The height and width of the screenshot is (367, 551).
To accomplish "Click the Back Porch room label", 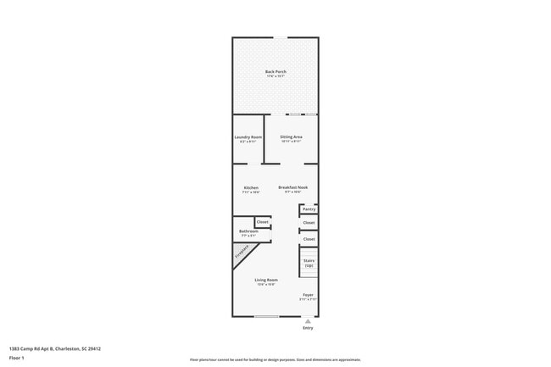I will (275, 72).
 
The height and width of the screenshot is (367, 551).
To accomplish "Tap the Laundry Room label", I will (248, 136).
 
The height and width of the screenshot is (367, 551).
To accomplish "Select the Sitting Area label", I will (292, 136).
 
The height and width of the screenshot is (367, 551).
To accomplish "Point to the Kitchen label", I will (251, 187).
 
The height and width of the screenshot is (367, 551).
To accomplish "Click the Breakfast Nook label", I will (292, 187).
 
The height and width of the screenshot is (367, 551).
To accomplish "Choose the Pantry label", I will (309, 209).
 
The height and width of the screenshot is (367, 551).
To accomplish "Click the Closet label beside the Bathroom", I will (263, 222).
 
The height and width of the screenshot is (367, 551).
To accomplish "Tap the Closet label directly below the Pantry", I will (309, 223).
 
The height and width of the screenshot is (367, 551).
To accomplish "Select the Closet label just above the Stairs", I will (309, 239).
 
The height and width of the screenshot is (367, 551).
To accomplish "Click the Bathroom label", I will (248, 231).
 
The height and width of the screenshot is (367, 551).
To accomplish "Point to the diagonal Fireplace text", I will (242, 253).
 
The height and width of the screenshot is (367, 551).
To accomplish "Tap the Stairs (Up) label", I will (309, 263).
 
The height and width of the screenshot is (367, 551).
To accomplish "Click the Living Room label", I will (266, 280).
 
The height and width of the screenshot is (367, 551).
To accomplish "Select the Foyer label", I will (308, 295).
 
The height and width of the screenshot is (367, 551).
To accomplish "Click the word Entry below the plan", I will (308, 328).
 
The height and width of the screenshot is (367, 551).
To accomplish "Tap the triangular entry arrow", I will (308, 321).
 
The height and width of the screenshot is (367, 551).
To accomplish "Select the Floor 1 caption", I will (17, 358).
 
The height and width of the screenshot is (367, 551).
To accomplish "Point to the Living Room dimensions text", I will (266, 285).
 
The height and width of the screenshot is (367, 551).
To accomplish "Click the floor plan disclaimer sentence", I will (275, 359).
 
